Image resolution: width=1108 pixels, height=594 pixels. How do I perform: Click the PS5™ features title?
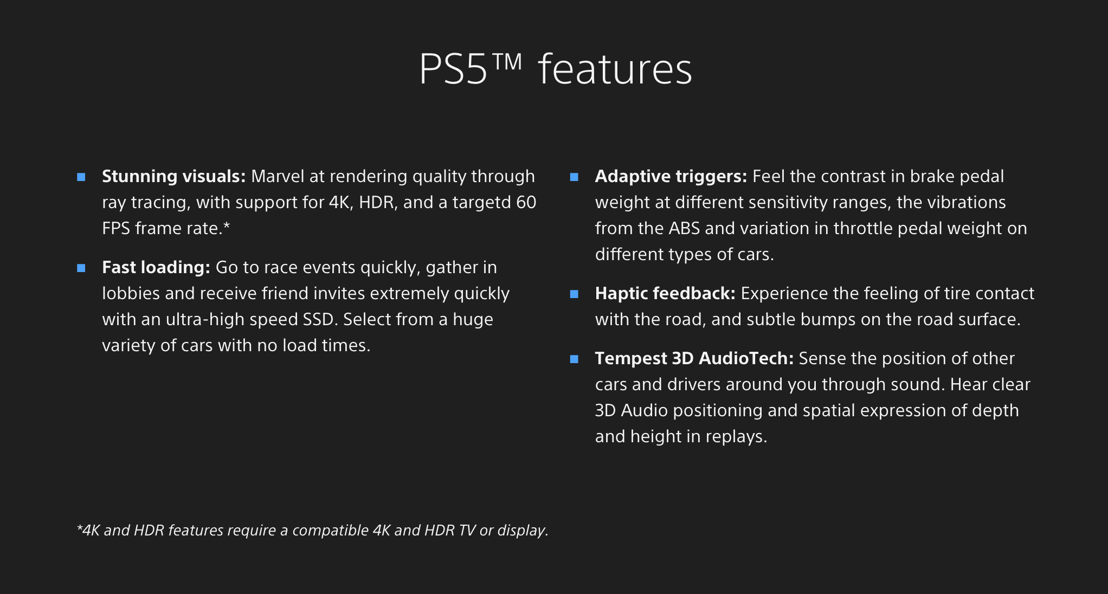click(x=556, y=69)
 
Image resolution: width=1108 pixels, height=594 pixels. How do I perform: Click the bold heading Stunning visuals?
click(x=174, y=177)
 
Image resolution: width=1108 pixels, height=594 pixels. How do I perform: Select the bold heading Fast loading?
click(x=156, y=268)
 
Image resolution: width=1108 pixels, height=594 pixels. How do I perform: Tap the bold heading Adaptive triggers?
click(x=671, y=177)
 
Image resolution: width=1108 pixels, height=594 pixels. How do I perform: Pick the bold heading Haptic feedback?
click(x=665, y=294)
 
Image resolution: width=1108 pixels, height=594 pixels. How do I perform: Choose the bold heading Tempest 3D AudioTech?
click(x=694, y=358)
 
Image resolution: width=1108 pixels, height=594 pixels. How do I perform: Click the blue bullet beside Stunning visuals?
click(x=81, y=177)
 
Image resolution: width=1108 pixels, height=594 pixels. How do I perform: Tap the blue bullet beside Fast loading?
click(x=81, y=268)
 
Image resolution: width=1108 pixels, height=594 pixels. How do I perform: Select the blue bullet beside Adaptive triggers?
click(x=575, y=177)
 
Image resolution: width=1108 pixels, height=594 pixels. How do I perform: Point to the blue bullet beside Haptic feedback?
click(x=575, y=294)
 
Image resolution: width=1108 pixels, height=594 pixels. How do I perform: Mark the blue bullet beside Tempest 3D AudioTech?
click(x=575, y=359)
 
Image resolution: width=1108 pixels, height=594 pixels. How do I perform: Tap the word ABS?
click(x=684, y=228)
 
